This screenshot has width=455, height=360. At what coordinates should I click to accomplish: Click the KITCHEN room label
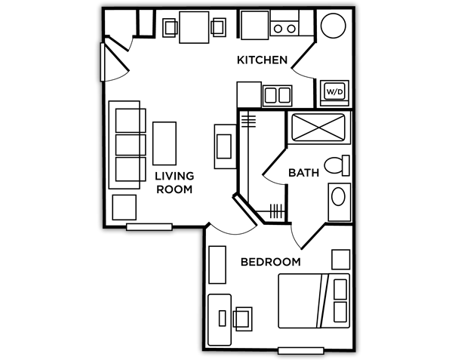262,60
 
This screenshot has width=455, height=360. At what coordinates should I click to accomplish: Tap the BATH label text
303,173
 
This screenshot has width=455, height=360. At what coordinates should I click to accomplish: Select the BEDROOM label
270,262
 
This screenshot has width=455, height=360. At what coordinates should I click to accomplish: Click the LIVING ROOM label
174,183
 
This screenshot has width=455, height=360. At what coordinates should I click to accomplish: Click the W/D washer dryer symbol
334,93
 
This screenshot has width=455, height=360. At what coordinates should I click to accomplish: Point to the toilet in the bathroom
337,165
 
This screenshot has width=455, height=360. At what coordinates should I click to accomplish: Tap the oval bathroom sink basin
338,196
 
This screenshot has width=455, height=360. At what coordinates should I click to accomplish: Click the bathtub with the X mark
318,127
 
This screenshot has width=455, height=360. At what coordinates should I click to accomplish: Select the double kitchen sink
277,96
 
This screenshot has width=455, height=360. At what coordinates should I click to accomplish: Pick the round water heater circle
333,26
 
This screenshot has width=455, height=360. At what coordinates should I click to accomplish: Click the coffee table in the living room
164,143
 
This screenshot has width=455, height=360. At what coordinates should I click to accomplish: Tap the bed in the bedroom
314,301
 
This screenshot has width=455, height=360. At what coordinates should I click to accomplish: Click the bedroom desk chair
242,318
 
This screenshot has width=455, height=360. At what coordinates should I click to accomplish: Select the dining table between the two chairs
194,27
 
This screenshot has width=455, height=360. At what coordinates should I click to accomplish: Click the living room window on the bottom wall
149,227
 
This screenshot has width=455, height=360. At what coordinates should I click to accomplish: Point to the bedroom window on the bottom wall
301,350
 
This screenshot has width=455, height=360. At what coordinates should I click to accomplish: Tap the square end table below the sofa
125,208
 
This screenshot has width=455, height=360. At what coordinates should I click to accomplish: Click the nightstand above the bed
340,260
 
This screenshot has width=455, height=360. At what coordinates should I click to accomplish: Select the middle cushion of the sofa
131,145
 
